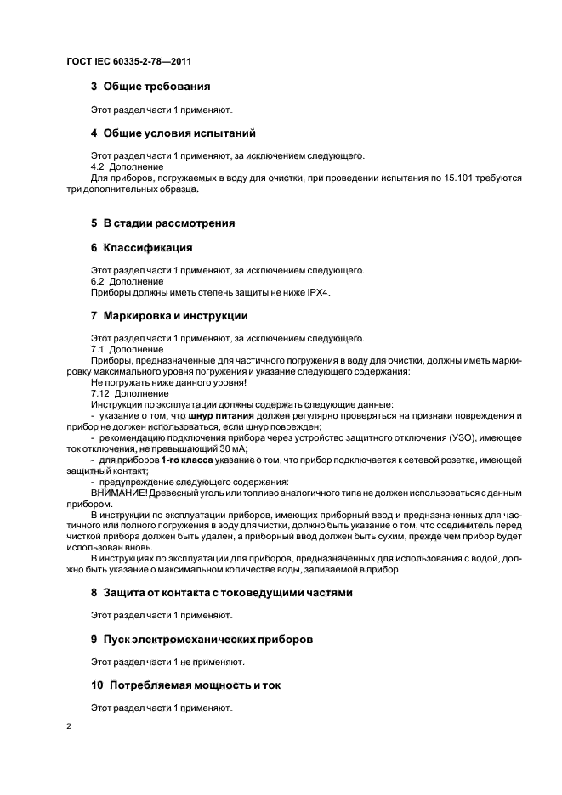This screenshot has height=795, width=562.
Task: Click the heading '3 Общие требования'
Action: coord(150,86)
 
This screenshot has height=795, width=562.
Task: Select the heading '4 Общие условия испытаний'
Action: coord(173,133)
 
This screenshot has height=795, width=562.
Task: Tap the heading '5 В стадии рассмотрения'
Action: coord(162,223)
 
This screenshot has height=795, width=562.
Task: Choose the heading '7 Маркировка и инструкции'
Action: coord(169,316)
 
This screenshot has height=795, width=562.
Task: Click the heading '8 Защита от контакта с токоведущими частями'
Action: coord(221,591)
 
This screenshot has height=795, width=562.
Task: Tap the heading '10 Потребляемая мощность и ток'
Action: coord(185,685)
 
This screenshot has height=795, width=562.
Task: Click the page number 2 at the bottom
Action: coord(69,728)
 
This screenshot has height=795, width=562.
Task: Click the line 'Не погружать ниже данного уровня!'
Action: coord(162,382)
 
